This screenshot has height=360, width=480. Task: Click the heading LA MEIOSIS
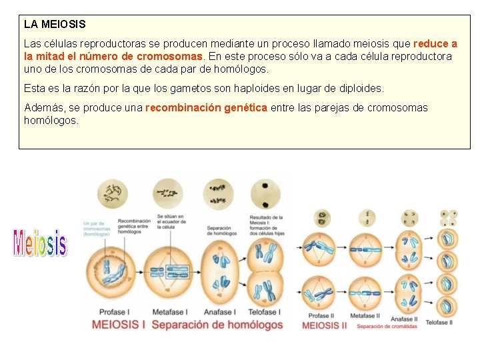coord(55,24)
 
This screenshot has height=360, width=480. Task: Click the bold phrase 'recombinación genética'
coord(206,107)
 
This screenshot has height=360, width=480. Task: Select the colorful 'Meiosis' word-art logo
coord(40,243)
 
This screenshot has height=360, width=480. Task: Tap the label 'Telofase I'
coord(264,311)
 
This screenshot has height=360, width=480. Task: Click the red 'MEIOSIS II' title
coord(325,325)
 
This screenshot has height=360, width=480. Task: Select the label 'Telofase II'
coord(439,322)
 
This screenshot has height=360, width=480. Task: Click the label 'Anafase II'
coord(404,319)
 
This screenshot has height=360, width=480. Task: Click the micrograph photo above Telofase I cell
coord(265,194)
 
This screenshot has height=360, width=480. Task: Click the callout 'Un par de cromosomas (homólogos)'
coord(97,229)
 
